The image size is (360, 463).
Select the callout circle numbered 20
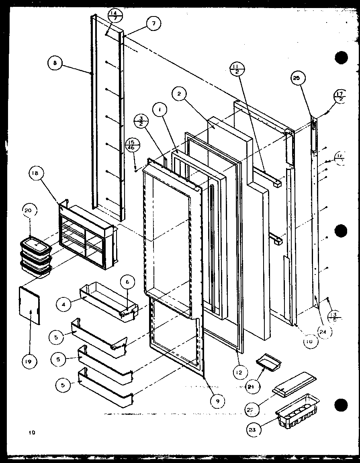[30, 210]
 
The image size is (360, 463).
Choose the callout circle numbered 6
[127, 283]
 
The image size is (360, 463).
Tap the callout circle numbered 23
[254, 429]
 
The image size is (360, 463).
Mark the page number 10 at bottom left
[32, 433]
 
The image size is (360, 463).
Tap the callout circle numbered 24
[323, 332]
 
